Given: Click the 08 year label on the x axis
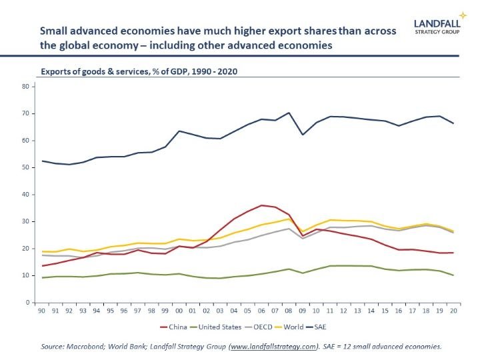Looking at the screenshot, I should click(289, 311).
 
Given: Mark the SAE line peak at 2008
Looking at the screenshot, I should click(289, 113).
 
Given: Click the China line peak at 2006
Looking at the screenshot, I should click(261, 205).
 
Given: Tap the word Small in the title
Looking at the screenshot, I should click(55, 31).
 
